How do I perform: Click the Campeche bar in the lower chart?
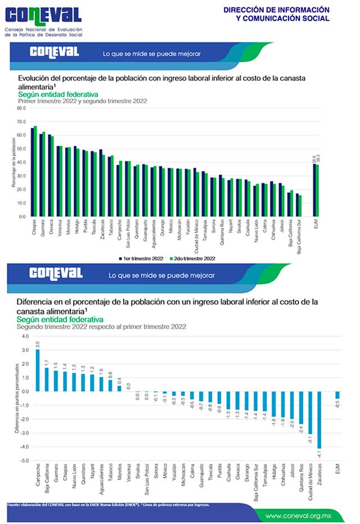pos(38,370)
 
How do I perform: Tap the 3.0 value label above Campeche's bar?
pos(38,344)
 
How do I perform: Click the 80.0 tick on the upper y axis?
pos(21,108)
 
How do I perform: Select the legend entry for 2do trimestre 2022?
pos(195,258)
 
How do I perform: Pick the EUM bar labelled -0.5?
pos(337,395)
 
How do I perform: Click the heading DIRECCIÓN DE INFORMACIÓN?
pos(276,10)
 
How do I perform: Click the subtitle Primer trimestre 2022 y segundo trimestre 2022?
pos(82,101)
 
